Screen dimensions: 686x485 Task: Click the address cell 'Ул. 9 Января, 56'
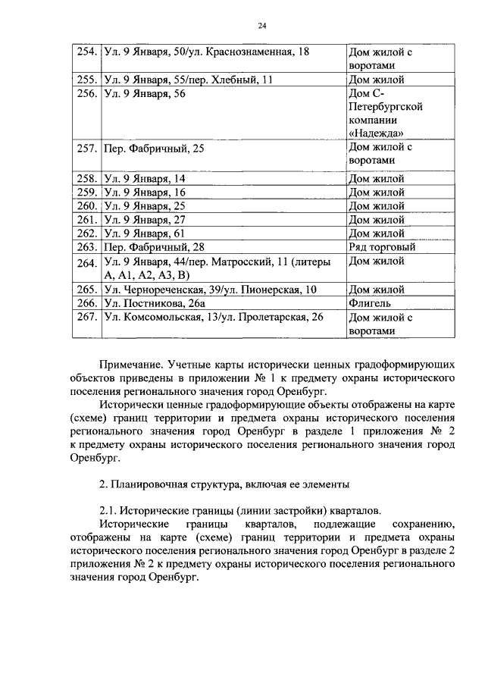click(145, 93)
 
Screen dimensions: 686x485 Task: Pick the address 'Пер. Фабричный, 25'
click(155, 149)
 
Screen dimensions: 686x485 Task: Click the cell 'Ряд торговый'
click(381, 247)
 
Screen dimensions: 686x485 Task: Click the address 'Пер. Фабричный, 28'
click(155, 247)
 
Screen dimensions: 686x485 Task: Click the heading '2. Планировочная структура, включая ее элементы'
click(224, 482)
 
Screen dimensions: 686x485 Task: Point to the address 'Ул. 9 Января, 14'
click(145, 179)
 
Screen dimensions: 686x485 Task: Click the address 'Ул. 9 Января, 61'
click(145, 233)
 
